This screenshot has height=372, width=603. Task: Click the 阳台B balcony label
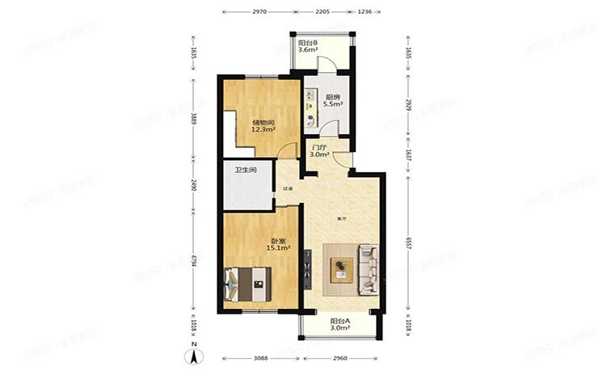click(307, 42)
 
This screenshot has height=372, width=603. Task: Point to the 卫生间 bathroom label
click(246, 170)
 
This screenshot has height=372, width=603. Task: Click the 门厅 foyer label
click(319, 148)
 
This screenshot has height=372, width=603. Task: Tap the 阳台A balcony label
click(339, 321)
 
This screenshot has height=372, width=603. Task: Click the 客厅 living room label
click(342, 218)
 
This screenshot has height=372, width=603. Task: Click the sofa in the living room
click(370, 268)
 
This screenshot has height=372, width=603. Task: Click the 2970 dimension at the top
click(259, 13)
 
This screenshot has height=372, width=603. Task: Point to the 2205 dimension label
click(322, 13)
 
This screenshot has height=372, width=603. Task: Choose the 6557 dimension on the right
click(409, 243)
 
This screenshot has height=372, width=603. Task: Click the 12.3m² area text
click(264, 129)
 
